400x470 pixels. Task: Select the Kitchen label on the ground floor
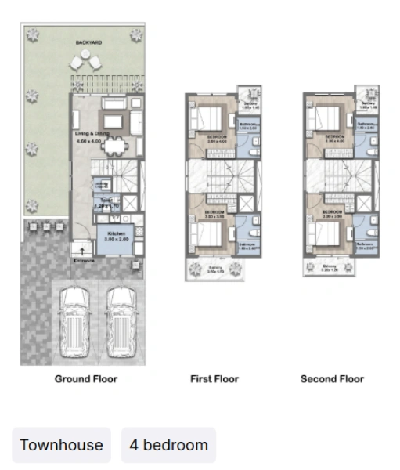tap(116, 233)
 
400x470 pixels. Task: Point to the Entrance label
tap(84, 260)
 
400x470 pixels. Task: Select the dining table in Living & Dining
tap(117, 145)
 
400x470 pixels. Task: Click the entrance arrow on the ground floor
tap(84, 250)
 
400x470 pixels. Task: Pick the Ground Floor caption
tap(86, 379)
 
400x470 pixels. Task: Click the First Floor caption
tap(214, 379)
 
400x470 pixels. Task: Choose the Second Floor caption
tap(332, 379)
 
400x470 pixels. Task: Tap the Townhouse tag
tap(61, 445)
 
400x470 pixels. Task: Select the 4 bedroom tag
tap(168, 445)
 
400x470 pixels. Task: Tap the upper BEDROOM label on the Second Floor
tap(333, 136)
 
